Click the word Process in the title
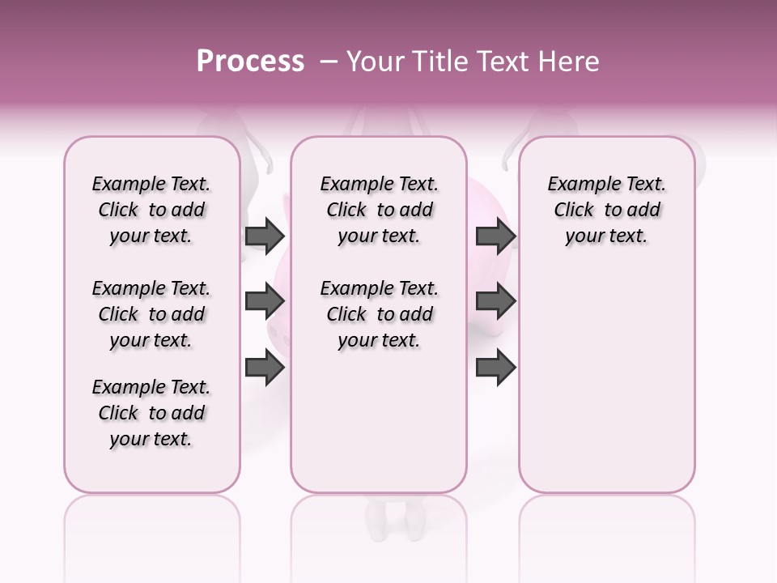click(x=250, y=62)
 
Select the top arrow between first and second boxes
click(x=265, y=236)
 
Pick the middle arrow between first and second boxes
click(x=265, y=301)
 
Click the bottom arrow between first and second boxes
click(x=265, y=368)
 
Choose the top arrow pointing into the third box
click(x=495, y=236)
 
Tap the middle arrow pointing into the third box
click(x=495, y=301)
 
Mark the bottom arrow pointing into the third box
click(x=495, y=368)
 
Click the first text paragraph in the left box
click(x=151, y=210)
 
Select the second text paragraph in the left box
click(x=151, y=314)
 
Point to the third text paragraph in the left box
click(x=151, y=413)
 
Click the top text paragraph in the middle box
click(x=379, y=210)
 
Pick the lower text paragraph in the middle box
click(x=379, y=314)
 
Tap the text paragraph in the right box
click(x=606, y=210)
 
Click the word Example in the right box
click(x=577, y=184)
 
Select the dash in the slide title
click(x=328, y=62)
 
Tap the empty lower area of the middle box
click(x=379, y=421)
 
